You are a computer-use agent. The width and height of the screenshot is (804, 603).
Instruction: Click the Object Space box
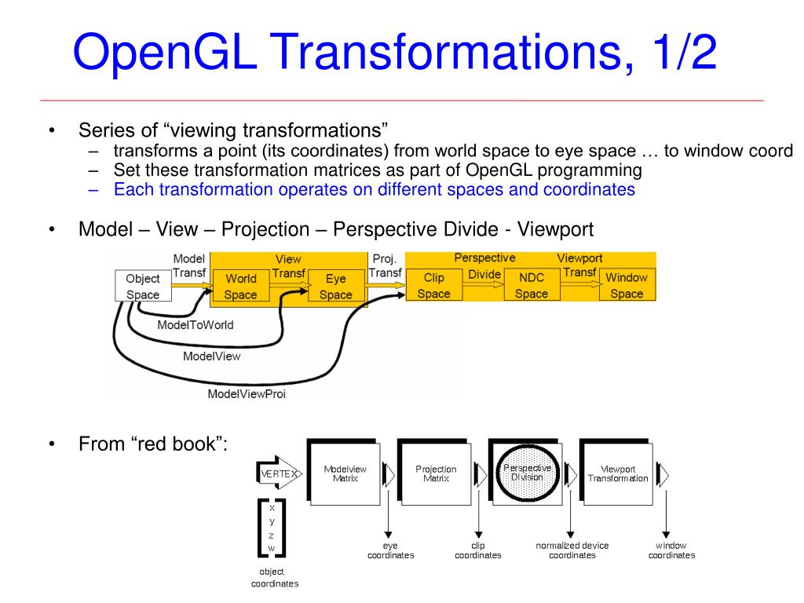tap(142, 287)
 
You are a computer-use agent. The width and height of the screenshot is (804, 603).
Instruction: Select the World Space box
tap(240, 287)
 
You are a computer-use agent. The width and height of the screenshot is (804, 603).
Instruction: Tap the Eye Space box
tap(335, 287)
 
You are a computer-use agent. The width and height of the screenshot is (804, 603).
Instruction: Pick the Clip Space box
tap(433, 286)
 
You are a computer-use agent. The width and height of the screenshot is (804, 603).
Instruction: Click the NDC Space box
tap(531, 286)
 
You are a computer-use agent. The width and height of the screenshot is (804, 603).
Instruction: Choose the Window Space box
tap(627, 286)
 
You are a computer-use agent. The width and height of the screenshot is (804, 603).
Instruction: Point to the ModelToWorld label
tap(196, 324)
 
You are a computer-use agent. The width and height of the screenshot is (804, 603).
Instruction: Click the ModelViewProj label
tap(247, 393)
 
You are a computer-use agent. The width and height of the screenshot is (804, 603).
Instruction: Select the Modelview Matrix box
tap(345, 473)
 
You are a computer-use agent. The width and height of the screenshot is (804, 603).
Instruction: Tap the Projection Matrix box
tap(436, 473)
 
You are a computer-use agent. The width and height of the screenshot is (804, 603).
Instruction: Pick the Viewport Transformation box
tap(618, 473)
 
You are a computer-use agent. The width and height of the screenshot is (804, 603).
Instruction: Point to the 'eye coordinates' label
tap(390, 550)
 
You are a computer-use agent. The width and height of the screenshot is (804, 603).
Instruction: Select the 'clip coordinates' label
tap(477, 550)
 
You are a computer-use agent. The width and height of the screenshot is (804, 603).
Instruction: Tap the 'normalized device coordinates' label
tap(572, 550)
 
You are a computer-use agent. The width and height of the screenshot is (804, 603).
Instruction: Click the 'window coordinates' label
tap(671, 550)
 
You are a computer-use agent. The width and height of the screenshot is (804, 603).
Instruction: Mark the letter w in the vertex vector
tap(272, 548)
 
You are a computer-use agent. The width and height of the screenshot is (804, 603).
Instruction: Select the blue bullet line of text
tap(374, 190)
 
